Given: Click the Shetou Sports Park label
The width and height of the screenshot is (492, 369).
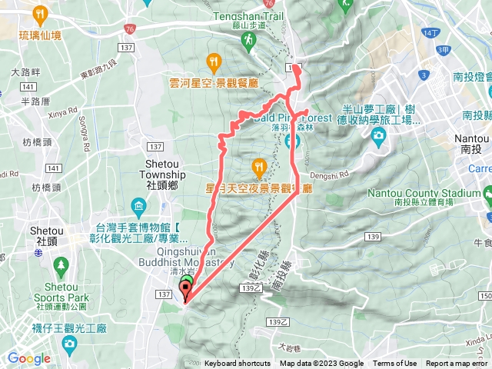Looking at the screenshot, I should click(x=61, y=293).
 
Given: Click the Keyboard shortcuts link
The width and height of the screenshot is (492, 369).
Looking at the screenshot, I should click(x=237, y=364).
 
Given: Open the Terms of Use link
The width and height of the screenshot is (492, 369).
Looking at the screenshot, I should click(x=395, y=364).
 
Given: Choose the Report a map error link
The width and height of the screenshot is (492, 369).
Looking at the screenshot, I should click(x=457, y=364).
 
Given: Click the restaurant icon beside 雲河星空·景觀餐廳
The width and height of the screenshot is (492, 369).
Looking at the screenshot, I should click(x=213, y=61).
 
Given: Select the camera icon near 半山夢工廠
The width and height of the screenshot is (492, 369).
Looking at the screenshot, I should click(x=378, y=136).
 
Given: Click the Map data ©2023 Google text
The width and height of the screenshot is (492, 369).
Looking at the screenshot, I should click(x=321, y=364).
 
